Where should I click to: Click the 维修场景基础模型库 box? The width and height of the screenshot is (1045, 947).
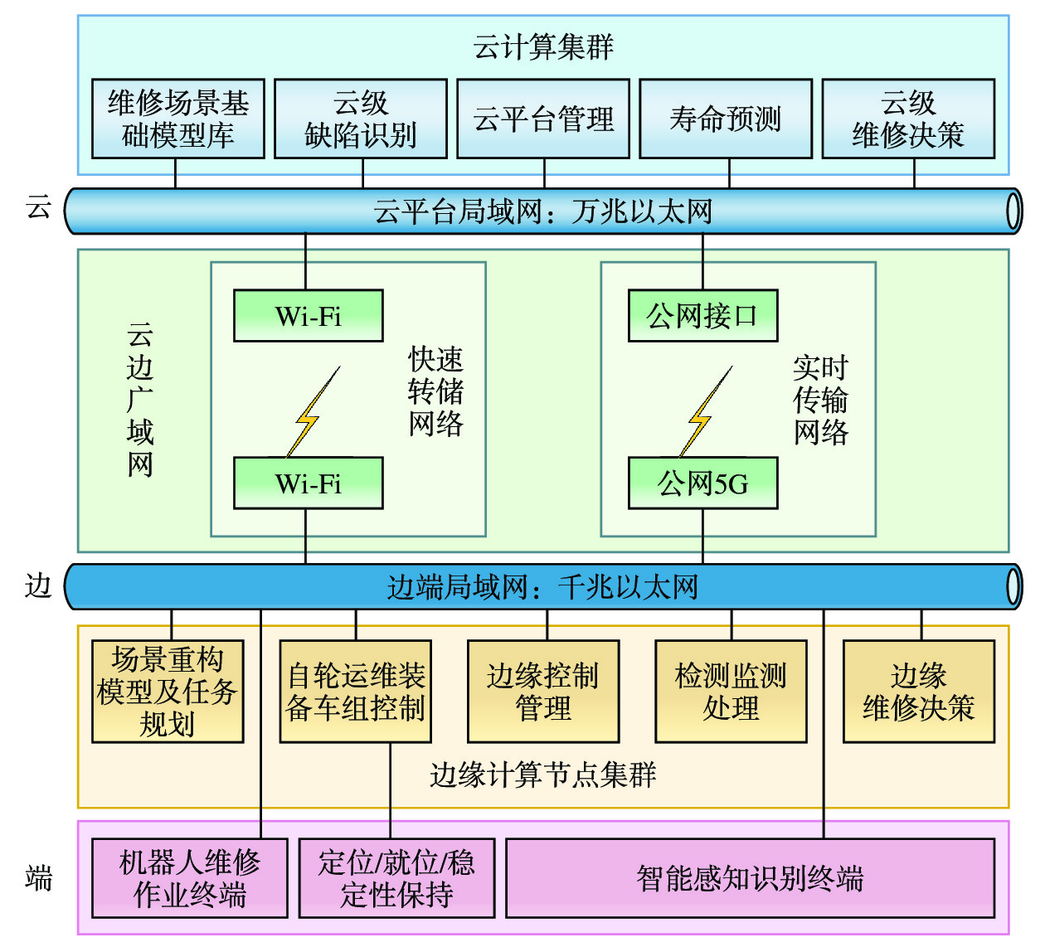tap(178, 119)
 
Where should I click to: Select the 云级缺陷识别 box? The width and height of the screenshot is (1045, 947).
tap(361, 119)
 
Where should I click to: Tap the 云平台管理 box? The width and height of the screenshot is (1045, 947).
tap(543, 119)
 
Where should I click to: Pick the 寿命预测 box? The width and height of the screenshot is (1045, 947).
tap(726, 119)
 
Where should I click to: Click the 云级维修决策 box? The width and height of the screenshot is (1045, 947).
tap(908, 119)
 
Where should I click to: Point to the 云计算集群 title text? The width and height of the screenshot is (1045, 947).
tap(543, 47)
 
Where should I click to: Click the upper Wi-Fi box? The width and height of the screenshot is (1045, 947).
tap(309, 316)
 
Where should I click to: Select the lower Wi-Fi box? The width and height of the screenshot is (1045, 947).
tap(309, 483)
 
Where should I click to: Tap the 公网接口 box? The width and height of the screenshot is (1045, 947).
tap(702, 316)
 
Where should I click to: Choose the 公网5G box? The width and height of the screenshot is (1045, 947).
tap(702, 483)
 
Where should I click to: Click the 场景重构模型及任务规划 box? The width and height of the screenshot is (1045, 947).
tap(168, 692)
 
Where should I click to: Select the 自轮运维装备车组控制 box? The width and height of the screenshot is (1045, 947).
tap(356, 692)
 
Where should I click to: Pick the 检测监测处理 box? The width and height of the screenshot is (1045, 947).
tap(731, 692)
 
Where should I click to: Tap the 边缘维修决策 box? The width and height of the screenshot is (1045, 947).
tap(919, 692)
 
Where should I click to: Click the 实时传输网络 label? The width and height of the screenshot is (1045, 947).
tap(820, 400)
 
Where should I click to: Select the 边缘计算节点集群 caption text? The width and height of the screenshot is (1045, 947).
tap(543, 775)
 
